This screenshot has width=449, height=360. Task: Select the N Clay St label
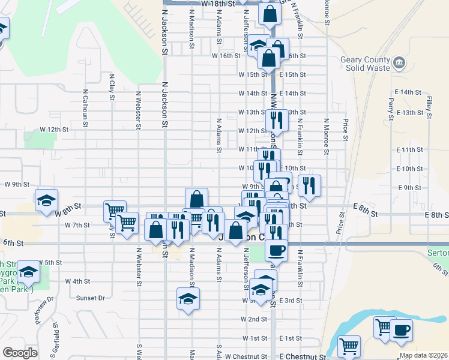click(x=112, y=86)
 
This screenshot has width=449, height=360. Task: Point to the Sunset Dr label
click(x=90, y=298)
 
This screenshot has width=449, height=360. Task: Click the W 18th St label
click(x=217, y=4)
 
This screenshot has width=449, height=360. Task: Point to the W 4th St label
click(x=77, y=281)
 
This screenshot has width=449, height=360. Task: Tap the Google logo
click(x=20, y=353)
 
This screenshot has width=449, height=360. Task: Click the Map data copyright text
click(x=423, y=355)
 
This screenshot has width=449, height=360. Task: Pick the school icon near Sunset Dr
click(x=188, y=298)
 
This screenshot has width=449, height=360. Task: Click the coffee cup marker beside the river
click(x=401, y=329)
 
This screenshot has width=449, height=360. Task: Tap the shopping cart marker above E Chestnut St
click(x=349, y=346)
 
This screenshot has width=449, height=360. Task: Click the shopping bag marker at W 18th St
click(x=270, y=13)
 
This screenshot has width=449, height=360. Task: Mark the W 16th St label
click(x=226, y=56)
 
